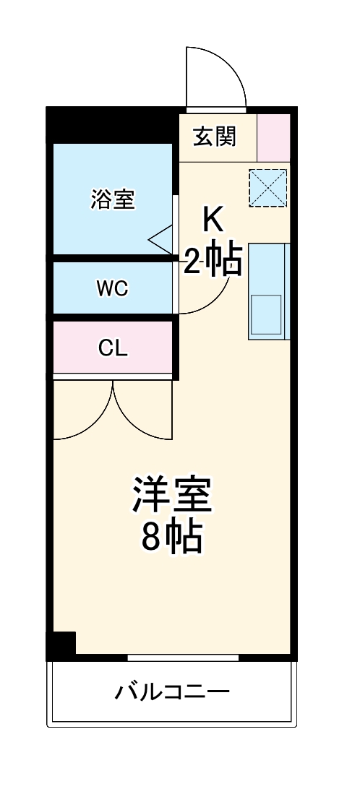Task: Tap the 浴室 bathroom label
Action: [113, 199]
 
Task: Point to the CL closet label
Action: [113, 348]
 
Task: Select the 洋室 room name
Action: [171, 496]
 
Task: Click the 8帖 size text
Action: [171, 537]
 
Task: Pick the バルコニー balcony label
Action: [172, 693]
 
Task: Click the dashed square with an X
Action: [267, 188]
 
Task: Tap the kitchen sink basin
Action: [266, 315]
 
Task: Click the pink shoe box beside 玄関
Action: [273, 137]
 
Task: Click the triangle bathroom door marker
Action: [162, 238]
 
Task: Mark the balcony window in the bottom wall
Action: [183, 657]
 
